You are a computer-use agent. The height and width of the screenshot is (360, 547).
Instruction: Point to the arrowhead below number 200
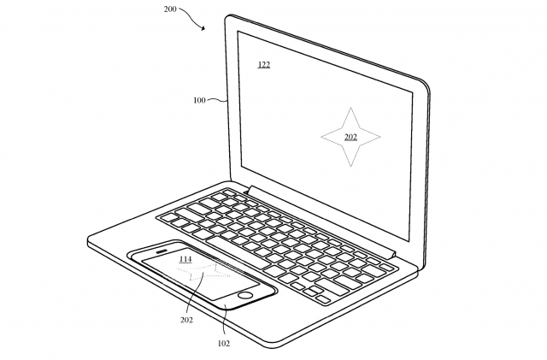[x=203, y=28]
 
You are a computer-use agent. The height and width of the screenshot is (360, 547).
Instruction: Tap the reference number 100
[x=199, y=100]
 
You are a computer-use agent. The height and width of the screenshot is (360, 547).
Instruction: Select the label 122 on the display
[x=264, y=64]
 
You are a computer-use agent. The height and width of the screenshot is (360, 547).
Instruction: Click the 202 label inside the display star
[x=350, y=137]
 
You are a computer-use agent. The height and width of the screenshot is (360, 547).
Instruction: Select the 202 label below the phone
[x=186, y=321]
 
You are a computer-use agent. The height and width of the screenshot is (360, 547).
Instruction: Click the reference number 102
[x=224, y=343]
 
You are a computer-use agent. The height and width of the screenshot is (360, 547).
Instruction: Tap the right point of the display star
[x=380, y=135]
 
